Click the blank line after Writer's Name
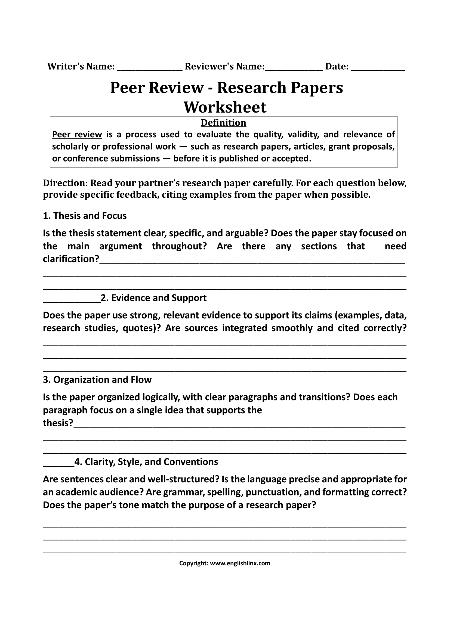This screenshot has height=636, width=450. [x=150, y=68]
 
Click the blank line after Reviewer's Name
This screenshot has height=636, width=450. [x=294, y=68]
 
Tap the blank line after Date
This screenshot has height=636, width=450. [x=378, y=68]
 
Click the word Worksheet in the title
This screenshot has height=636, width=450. [x=225, y=107]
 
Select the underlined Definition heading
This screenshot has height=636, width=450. [x=223, y=123]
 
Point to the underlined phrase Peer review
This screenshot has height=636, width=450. [x=77, y=135]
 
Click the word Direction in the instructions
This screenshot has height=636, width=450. [x=65, y=183]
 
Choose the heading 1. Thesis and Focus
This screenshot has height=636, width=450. [x=85, y=216]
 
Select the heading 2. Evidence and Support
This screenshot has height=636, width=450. [x=153, y=298]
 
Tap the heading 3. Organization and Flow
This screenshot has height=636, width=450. [x=97, y=380]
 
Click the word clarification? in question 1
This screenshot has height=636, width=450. [x=71, y=259]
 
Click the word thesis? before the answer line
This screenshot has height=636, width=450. [x=58, y=423]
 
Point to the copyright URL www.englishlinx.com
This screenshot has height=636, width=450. [x=240, y=563]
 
